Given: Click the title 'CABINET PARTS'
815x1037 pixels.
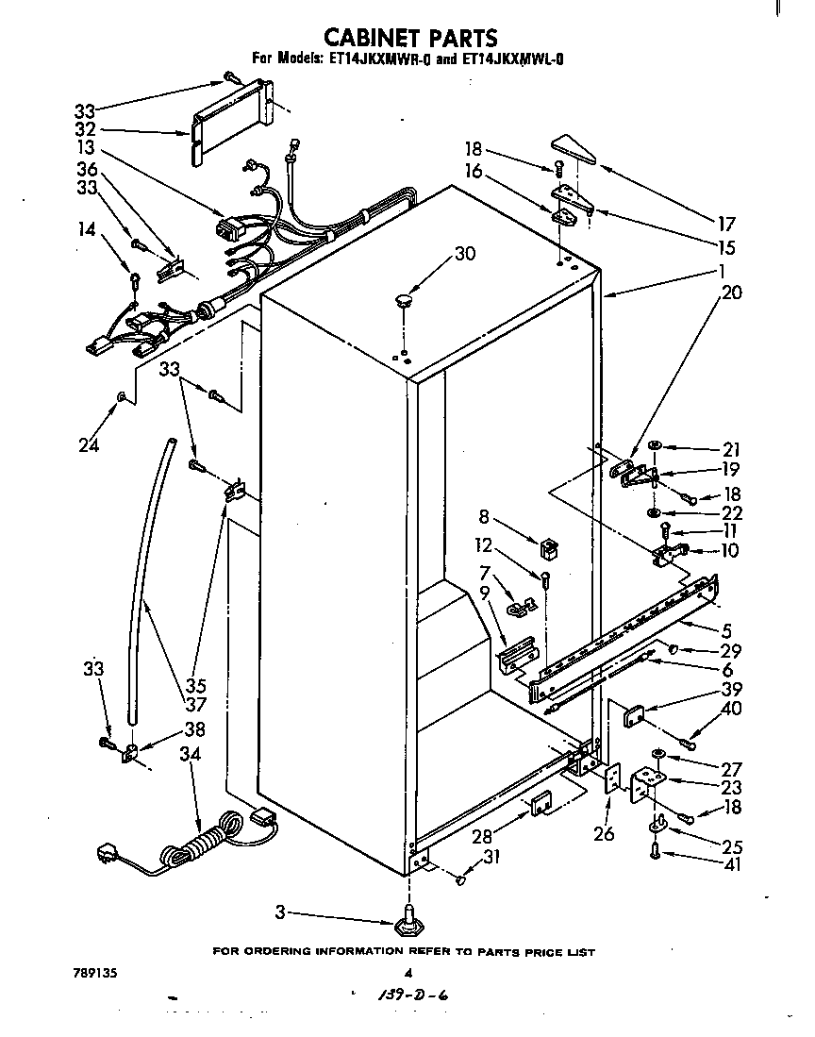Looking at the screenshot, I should pos(410,38).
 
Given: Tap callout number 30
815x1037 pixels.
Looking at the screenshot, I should pos(464,253).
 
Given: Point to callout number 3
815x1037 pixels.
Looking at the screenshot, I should pos(281,912).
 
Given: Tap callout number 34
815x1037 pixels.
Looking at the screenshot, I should pos(190,754).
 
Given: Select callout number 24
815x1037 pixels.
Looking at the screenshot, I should pos(89,444).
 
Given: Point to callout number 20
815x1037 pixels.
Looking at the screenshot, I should pos(731,293).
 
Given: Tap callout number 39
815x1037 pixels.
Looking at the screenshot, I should pos(731,689).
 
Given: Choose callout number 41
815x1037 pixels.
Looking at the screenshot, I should pos(732,863).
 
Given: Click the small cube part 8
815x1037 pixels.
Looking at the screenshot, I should pos(545,545).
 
